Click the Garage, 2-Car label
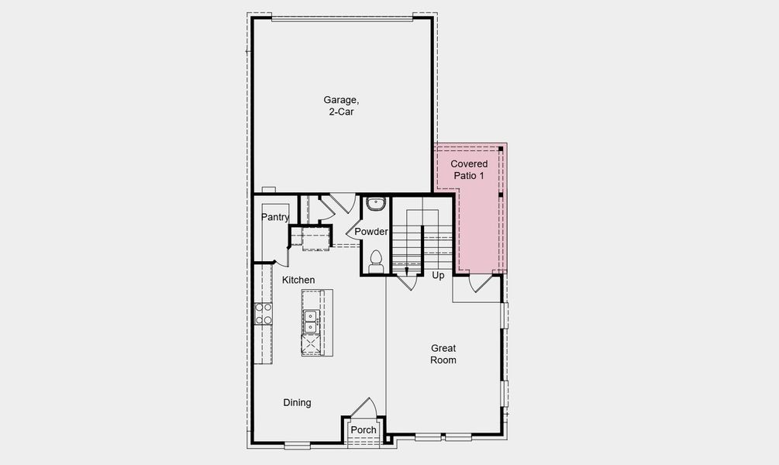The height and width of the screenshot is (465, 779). point(341,105)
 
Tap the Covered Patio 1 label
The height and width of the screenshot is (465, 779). point(469,170)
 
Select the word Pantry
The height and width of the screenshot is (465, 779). point(275,217)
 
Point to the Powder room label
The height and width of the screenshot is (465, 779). point(371,232)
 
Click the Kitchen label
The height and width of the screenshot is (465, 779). point(298,280)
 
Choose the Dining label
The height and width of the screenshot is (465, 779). point(297,403)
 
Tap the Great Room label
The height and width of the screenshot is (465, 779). point(443,354)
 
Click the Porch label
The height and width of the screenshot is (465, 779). point(363,430)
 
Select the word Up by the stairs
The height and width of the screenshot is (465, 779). point(438,276)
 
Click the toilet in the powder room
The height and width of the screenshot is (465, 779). point(376,260)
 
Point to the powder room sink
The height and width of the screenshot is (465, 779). point(376,205)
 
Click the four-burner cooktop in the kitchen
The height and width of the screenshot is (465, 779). point(264,313)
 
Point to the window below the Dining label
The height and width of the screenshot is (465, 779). point(297,445)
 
